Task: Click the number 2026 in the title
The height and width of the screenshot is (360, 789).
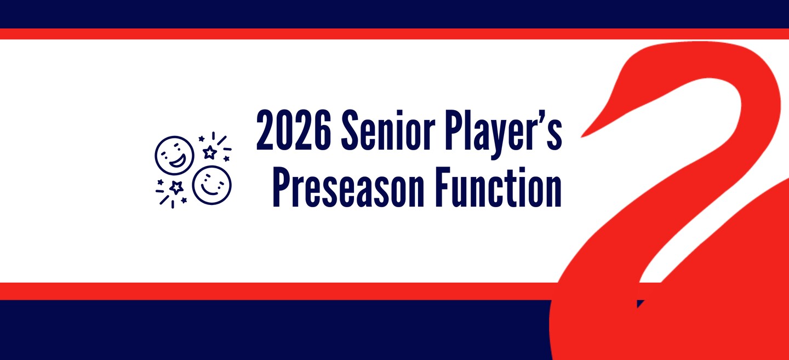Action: point(294,130)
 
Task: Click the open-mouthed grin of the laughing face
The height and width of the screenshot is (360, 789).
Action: point(178,161)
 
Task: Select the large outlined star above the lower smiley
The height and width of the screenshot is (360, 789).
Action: point(210,152)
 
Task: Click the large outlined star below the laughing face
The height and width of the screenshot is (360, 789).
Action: point(176,187)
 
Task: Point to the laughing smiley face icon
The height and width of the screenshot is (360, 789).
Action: point(174,156)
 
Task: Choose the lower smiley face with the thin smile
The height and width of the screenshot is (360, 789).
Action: point(211,185)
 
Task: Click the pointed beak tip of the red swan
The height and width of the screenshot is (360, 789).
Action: point(582,136)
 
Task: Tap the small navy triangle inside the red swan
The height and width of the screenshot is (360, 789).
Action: point(639,303)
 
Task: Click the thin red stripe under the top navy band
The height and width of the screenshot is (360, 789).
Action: point(395,34)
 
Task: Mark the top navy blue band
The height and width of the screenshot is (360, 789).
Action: point(395,14)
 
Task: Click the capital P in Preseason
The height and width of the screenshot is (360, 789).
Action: point(282,187)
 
